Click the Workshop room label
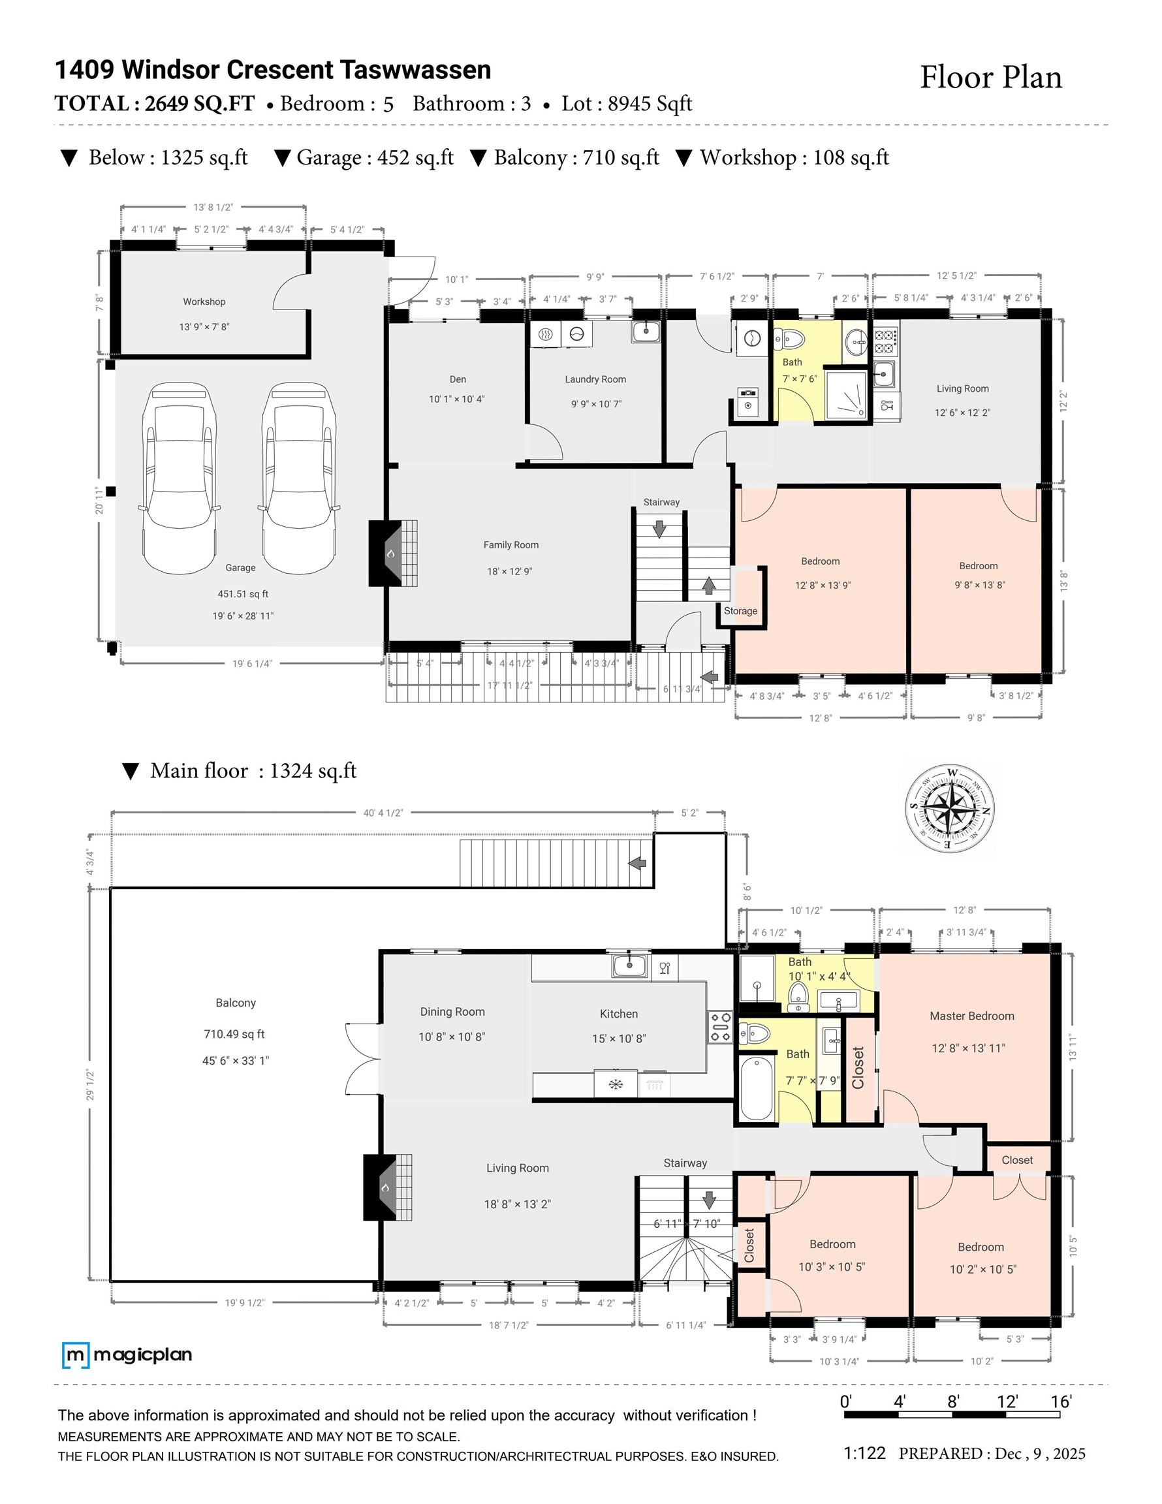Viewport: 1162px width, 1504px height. (204, 302)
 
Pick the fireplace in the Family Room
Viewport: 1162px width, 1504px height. (392, 553)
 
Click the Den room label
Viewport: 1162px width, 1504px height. (458, 379)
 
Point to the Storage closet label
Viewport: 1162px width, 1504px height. (740, 611)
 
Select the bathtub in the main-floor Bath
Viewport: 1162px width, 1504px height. (757, 1089)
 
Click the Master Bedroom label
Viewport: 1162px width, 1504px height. (971, 1016)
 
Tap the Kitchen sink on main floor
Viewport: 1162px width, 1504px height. (629, 966)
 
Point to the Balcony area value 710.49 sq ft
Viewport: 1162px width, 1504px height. (234, 1033)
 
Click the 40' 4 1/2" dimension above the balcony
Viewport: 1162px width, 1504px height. (383, 813)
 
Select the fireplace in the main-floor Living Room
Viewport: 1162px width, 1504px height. (388, 1188)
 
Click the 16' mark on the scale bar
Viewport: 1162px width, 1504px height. (1061, 1402)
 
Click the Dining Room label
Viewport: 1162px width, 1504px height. (452, 1012)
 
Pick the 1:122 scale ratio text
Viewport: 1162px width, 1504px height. (864, 1453)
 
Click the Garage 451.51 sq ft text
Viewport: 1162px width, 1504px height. (243, 593)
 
